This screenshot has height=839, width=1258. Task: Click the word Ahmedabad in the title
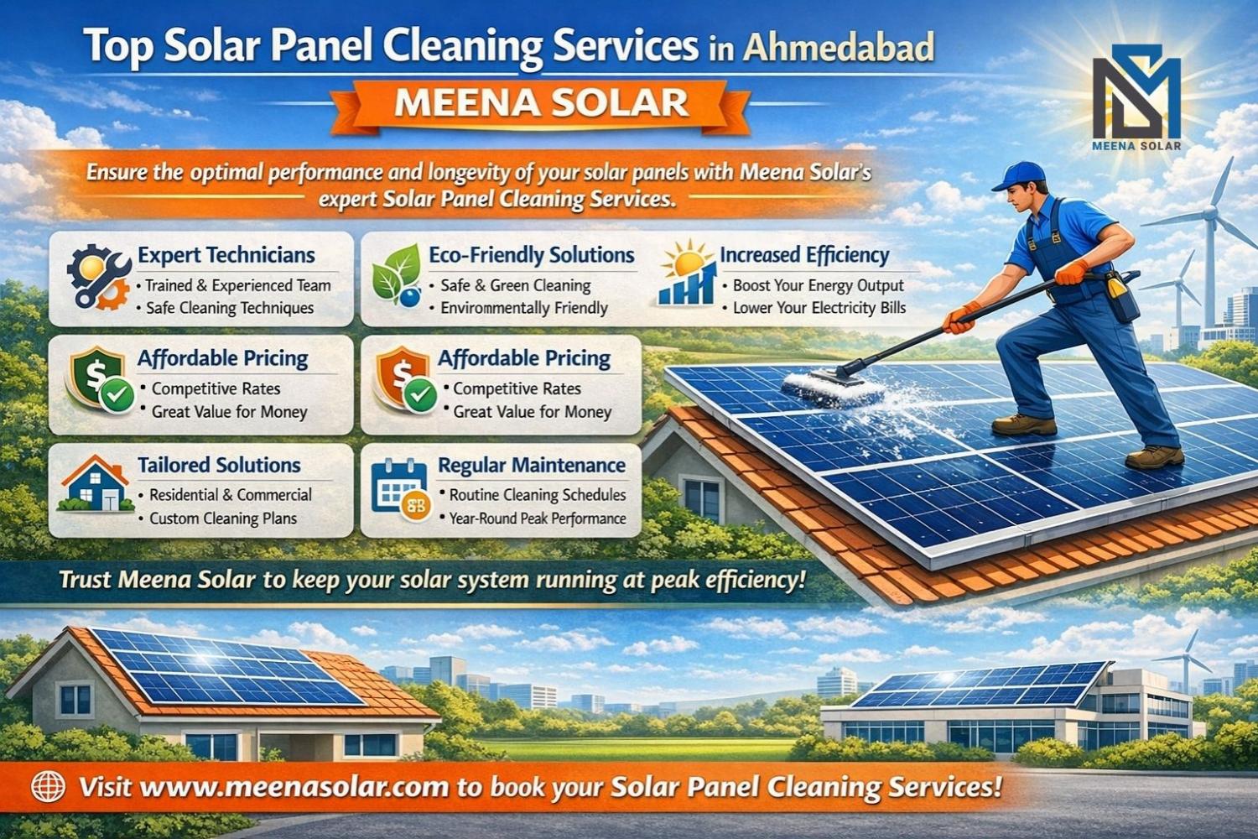(x=838, y=47)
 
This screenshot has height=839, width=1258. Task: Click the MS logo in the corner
(x=1136, y=97)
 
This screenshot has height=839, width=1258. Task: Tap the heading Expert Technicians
(x=226, y=255)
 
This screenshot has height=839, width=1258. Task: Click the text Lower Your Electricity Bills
(x=819, y=308)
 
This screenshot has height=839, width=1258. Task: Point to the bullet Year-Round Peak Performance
(x=538, y=519)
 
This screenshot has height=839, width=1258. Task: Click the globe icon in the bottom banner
(x=48, y=786)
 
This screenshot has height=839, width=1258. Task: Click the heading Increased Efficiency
(x=804, y=255)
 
